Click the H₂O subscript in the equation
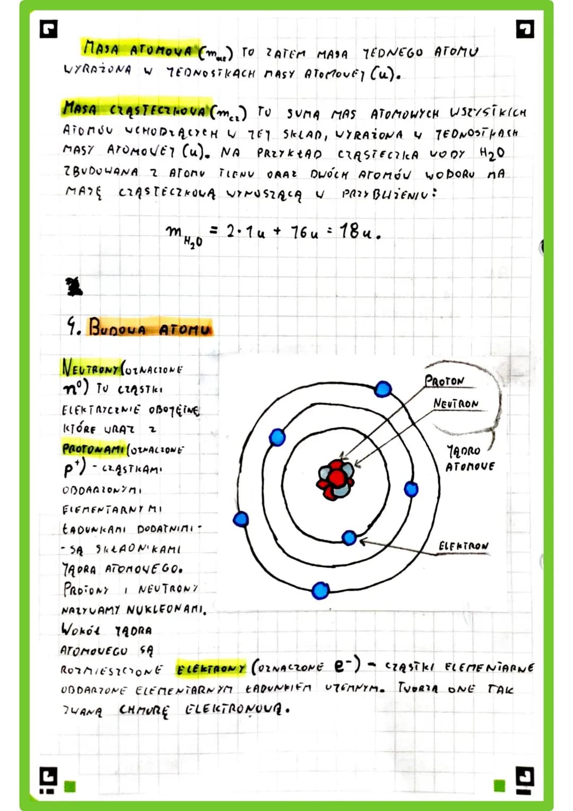193,242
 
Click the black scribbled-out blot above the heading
72,287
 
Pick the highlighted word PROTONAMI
94,448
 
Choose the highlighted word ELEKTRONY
211,668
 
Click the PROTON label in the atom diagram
444,381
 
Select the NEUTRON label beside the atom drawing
456,404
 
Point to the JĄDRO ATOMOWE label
469,459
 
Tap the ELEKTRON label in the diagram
463,546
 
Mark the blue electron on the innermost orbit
349,538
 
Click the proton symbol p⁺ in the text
71,469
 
